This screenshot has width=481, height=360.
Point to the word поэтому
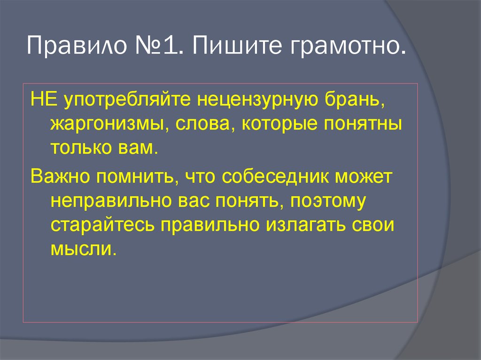point(328,202)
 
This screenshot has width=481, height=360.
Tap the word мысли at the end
point(82,249)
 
